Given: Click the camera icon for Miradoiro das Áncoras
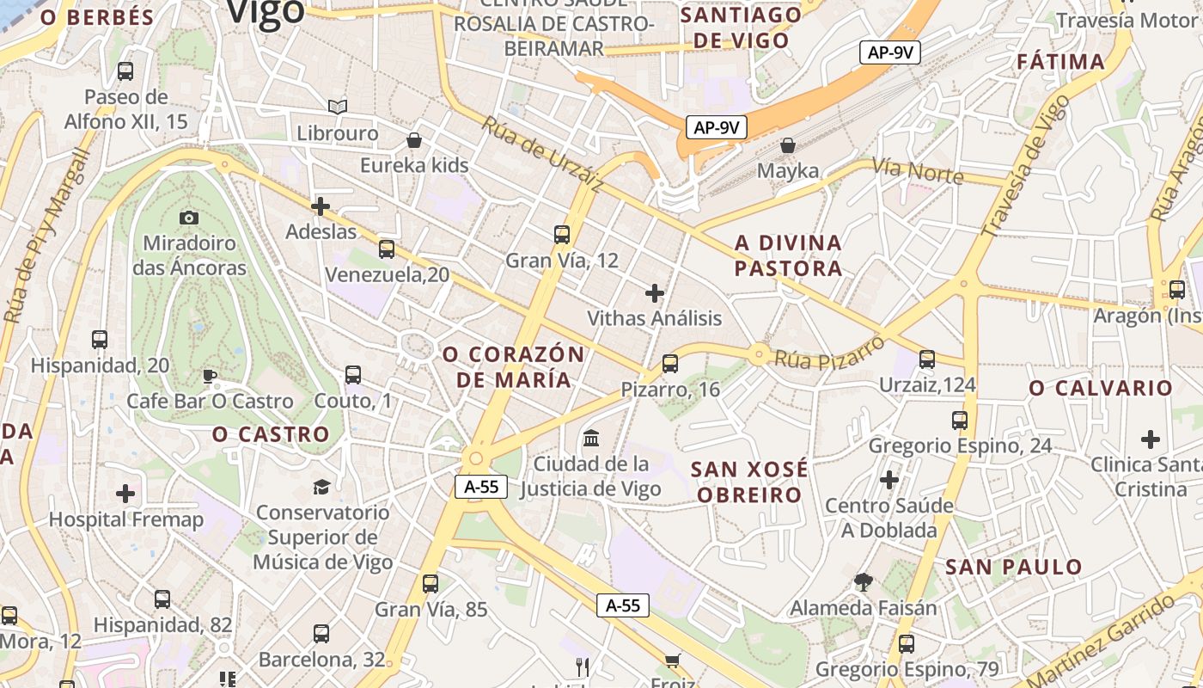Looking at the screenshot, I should [x=189, y=218].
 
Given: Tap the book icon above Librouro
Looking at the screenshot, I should [x=338, y=107].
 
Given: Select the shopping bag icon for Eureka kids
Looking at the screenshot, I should [x=414, y=139].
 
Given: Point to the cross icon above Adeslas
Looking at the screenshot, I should [x=321, y=206].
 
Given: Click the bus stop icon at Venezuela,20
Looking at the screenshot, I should [x=387, y=249].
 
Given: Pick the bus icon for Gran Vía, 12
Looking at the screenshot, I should [x=562, y=234].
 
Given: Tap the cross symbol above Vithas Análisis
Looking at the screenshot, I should [x=655, y=293].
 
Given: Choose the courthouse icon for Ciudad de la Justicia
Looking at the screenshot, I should [x=591, y=439].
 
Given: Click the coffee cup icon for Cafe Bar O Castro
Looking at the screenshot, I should [x=209, y=376].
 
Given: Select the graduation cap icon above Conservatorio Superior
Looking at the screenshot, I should [x=321, y=487].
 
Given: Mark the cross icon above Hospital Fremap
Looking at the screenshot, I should [x=125, y=494].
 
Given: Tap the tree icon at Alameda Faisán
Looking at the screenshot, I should [x=864, y=582].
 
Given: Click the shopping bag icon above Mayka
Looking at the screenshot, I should [x=788, y=145].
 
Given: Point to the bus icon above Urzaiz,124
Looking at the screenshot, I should [x=927, y=359].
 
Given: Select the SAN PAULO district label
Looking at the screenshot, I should [x=1013, y=567].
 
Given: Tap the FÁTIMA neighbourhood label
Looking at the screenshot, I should [x=1060, y=62].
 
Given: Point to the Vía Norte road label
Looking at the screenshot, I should [x=918, y=171].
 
